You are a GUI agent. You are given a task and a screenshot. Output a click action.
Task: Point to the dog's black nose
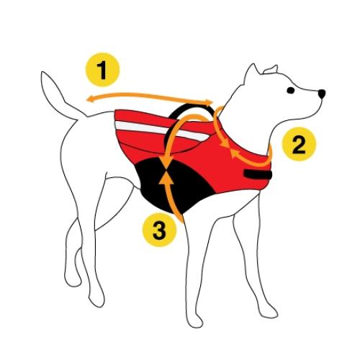point(320,94)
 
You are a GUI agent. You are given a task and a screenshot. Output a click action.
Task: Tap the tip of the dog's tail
point(48,74)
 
